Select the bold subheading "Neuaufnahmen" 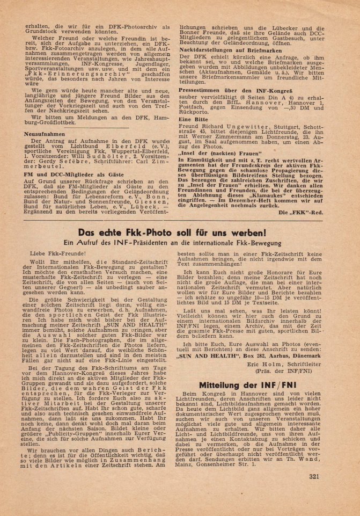pyautogui.click(x=46, y=134)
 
